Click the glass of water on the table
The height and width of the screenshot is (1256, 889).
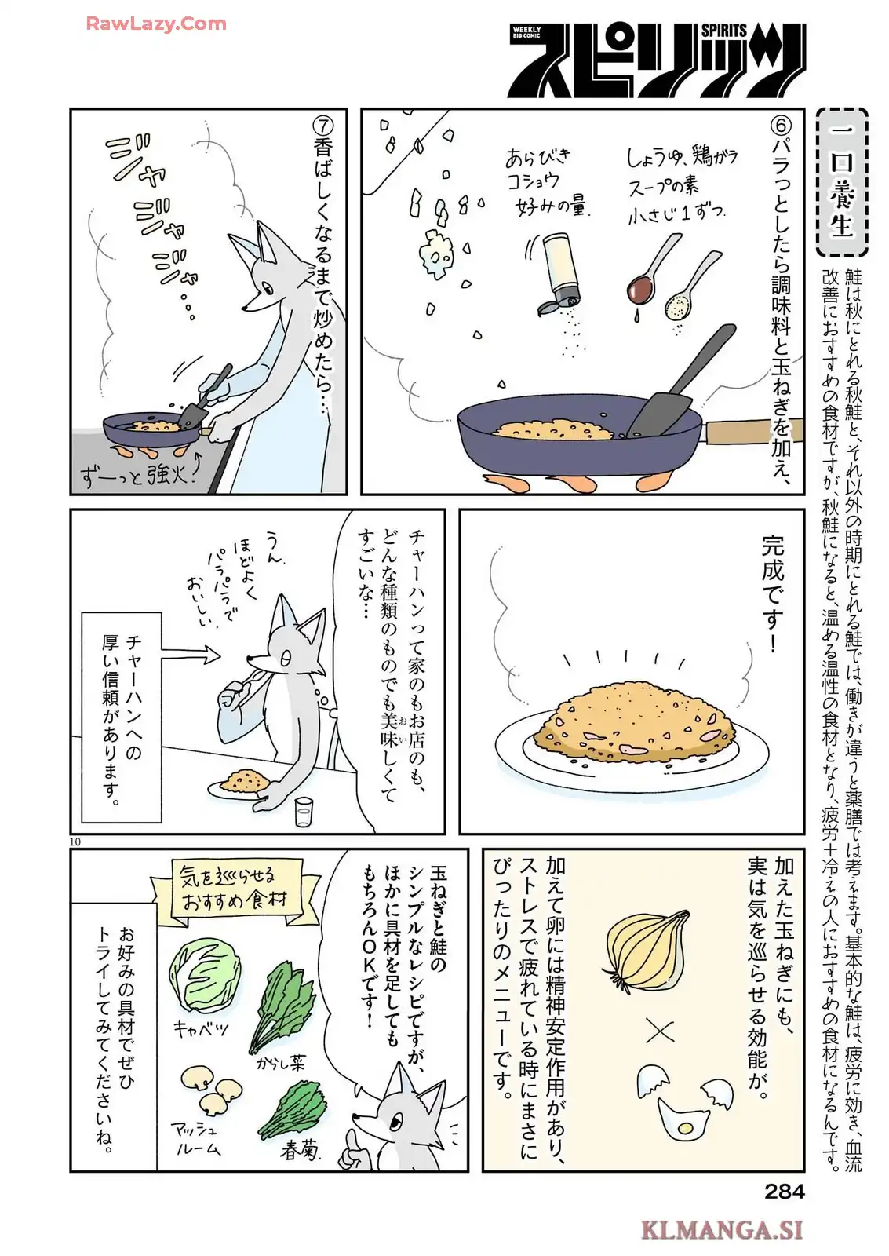click(x=303, y=812)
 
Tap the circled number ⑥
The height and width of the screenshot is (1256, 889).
click(x=780, y=126)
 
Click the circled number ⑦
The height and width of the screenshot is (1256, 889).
click(x=323, y=126)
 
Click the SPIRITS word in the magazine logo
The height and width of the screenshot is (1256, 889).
click(x=723, y=31)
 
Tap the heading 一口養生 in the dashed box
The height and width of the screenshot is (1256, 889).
click(x=841, y=181)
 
